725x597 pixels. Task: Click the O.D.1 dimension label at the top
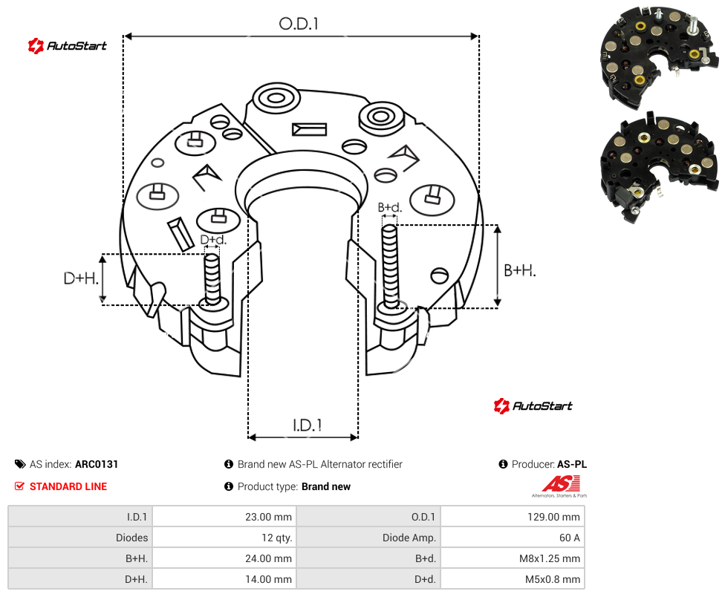click(299, 24)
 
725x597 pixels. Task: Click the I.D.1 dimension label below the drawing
click(308, 425)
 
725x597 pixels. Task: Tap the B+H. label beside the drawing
click(520, 270)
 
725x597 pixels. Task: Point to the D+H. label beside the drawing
click(81, 278)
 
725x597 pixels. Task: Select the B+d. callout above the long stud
click(390, 207)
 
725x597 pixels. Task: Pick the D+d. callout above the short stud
click(213, 239)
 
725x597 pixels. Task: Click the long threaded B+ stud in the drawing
click(390, 267)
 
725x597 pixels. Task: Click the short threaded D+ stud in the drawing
click(212, 279)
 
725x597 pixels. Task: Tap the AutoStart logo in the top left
click(68, 46)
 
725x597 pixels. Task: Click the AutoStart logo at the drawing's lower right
click(533, 405)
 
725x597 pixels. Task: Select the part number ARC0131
click(97, 464)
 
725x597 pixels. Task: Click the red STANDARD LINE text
click(68, 486)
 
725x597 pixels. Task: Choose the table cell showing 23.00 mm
click(224, 517)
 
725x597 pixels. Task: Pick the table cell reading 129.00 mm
click(513, 517)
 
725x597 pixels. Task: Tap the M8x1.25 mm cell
click(513, 558)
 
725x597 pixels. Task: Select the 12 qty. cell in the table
click(224, 538)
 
